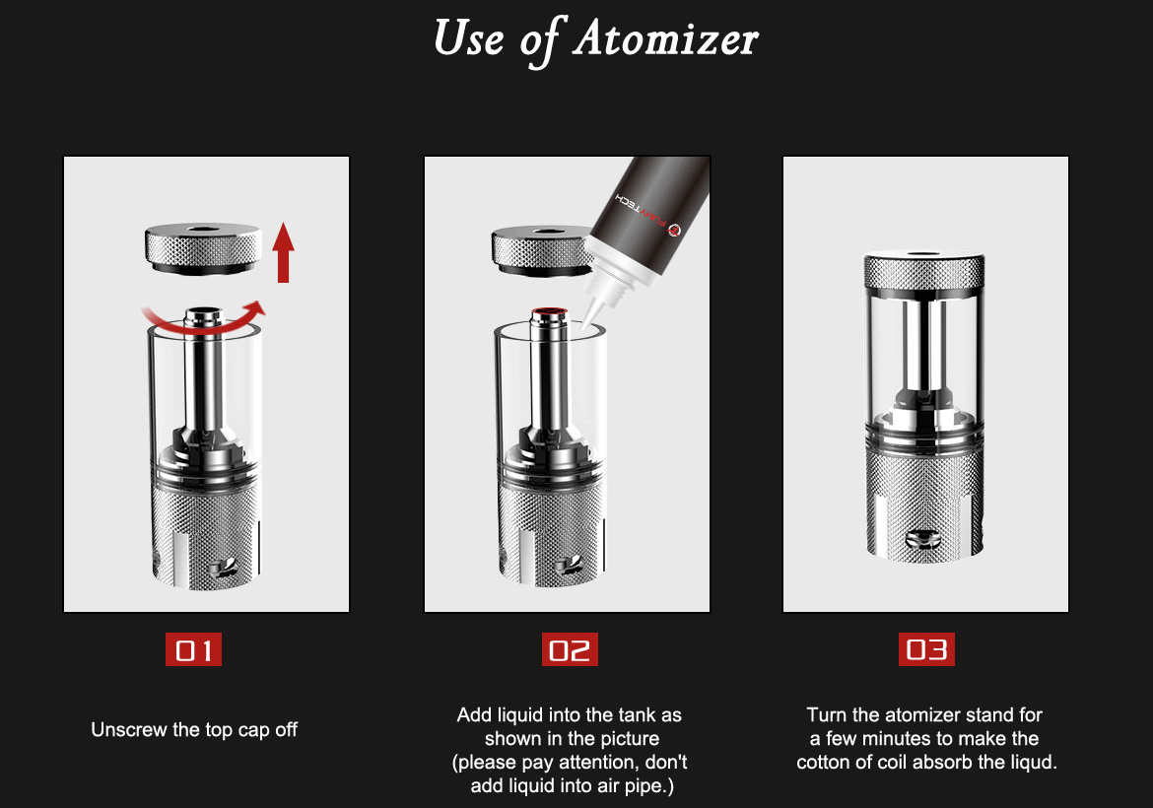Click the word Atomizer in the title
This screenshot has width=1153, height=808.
point(666,38)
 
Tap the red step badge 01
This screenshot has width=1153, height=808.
point(193,649)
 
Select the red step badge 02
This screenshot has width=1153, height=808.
point(570,649)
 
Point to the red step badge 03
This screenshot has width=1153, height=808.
point(926,649)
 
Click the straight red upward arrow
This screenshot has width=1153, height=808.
point(283,252)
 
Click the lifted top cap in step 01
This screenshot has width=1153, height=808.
point(203,249)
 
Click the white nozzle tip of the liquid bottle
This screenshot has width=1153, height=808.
point(592,315)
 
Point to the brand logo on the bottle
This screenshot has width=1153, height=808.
point(673,230)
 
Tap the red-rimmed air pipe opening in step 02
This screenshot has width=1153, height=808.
point(550,312)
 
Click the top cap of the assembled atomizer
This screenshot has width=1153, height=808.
point(924,271)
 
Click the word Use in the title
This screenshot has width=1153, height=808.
point(469,38)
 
